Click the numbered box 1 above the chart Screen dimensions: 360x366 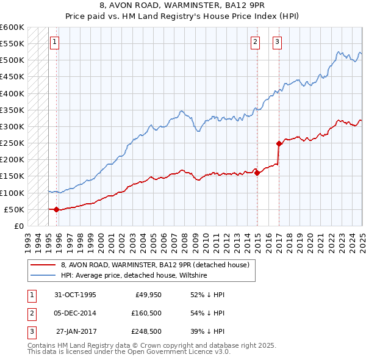[55, 42]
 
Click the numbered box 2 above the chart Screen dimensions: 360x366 [255, 42]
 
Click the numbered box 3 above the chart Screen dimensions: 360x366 [277, 42]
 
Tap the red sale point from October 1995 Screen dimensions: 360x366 [56, 209]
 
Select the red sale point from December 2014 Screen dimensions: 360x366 [257, 173]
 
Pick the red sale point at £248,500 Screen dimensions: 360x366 [279, 144]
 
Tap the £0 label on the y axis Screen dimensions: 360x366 [18, 226]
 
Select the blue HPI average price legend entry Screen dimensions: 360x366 [134, 276]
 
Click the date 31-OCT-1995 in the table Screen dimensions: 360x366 [75, 295]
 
